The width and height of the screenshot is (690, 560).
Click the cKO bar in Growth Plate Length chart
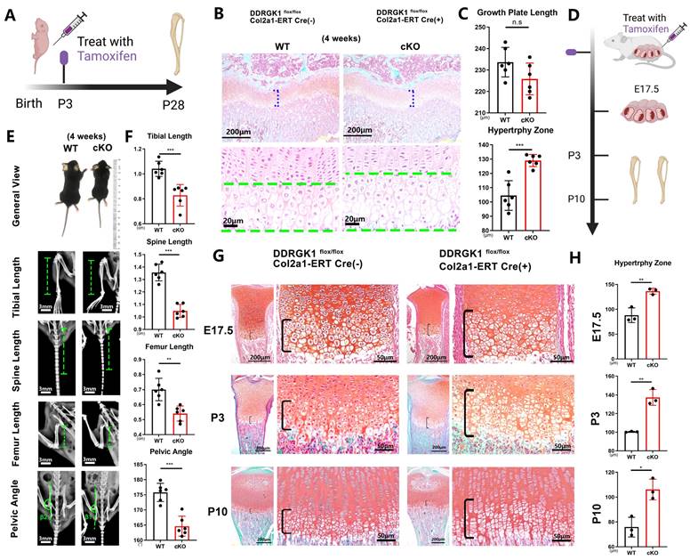point(531,96)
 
